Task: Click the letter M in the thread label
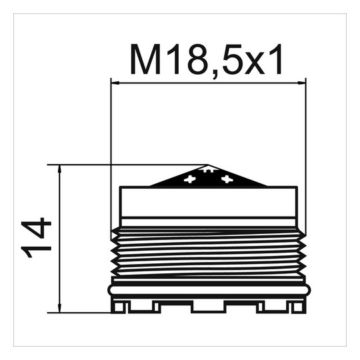(x=145, y=59)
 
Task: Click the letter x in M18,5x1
(x=255, y=63)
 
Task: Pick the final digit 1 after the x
(x=275, y=59)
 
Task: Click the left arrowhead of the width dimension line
(x=115, y=83)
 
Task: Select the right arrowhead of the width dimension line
(x=302, y=83)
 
